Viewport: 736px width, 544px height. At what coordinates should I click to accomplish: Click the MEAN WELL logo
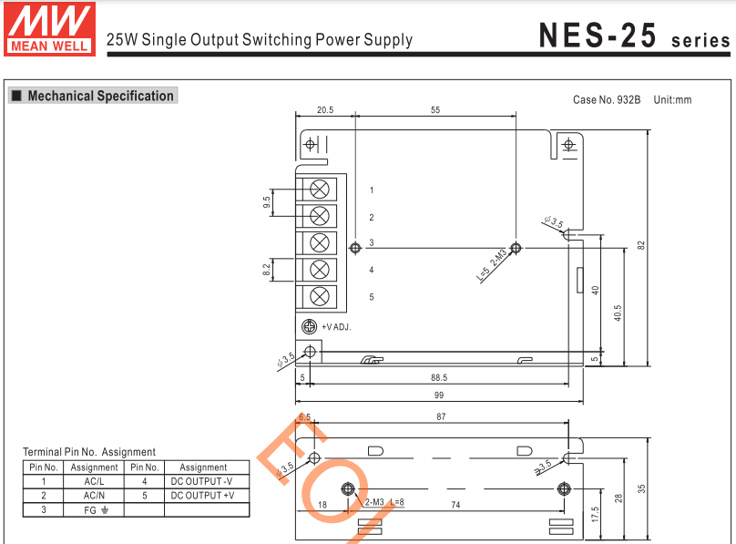pyautogui.click(x=50, y=28)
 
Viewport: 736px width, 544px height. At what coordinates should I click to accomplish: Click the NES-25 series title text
pyautogui.click(x=634, y=36)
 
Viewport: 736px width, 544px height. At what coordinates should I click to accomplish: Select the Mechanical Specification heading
pyautogui.click(x=100, y=96)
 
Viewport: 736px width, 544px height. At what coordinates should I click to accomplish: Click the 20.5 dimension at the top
pyautogui.click(x=324, y=109)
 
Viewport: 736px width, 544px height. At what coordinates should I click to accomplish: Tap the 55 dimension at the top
pyautogui.click(x=435, y=109)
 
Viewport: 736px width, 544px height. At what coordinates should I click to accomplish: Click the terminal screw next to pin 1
pyautogui.click(x=320, y=189)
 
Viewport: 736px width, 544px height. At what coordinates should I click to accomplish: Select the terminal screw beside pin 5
pyautogui.click(x=320, y=296)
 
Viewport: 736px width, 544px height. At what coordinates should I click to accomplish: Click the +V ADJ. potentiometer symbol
pyautogui.click(x=309, y=326)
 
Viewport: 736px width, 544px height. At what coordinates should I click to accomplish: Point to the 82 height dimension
pyautogui.click(x=641, y=244)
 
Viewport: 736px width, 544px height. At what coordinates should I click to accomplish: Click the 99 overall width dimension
pyautogui.click(x=439, y=395)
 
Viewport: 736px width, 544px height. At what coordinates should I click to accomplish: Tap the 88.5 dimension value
pyautogui.click(x=439, y=377)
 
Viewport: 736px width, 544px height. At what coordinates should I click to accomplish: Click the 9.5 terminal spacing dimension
pyautogui.click(x=267, y=202)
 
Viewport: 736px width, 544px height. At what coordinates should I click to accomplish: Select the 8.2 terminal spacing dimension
pyautogui.click(x=267, y=270)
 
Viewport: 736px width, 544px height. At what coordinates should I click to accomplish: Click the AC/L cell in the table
pyautogui.click(x=94, y=481)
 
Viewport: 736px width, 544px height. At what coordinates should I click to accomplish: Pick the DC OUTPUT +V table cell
pyautogui.click(x=202, y=496)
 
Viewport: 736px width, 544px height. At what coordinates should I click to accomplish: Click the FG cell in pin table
pyautogui.click(x=94, y=509)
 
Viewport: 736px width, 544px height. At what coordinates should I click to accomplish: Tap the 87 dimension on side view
pyautogui.click(x=441, y=416)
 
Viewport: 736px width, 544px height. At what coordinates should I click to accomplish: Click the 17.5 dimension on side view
pyautogui.click(x=595, y=513)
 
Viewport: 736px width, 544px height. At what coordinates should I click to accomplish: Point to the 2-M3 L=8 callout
pyautogui.click(x=383, y=502)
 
